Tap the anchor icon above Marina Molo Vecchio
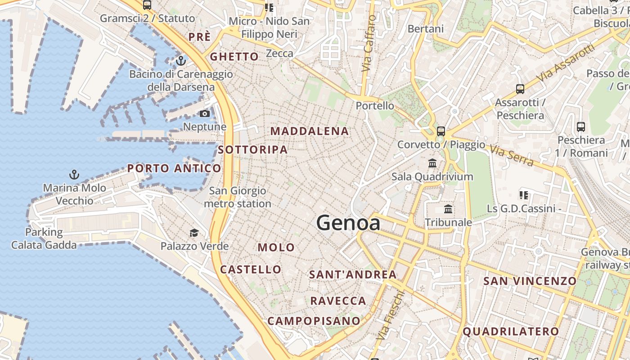click(x=74, y=174)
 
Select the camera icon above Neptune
click(x=205, y=113)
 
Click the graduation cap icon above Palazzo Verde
click(x=194, y=233)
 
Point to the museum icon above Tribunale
click(x=448, y=209)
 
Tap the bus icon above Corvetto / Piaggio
click(x=441, y=131)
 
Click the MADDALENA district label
click(x=310, y=131)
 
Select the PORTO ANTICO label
click(x=174, y=169)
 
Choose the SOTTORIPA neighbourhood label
click(x=253, y=150)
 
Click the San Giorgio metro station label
click(x=238, y=197)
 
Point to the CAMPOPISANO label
click(x=314, y=321)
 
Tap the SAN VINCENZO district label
click(x=530, y=281)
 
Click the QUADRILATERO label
click(x=511, y=332)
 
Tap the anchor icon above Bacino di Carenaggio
click(x=181, y=60)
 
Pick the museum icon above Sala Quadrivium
click(x=432, y=163)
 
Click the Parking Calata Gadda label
click(x=44, y=238)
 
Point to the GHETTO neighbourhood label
click(x=234, y=57)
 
